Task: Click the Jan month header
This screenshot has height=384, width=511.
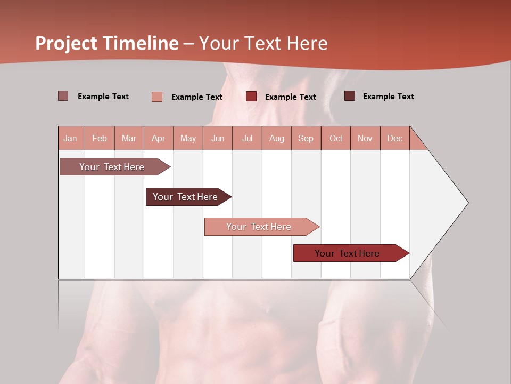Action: click(x=71, y=139)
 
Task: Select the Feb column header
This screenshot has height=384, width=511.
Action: click(x=100, y=139)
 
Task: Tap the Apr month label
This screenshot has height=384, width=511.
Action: click(x=159, y=139)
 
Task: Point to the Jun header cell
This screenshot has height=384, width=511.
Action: click(x=218, y=139)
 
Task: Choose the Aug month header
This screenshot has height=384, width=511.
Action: click(x=277, y=139)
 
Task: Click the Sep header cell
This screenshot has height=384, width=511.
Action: click(x=306, y=139)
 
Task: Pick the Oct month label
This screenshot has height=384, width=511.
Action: click(x=336, y=139)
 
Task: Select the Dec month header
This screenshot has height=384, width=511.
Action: click(x=395, y=139)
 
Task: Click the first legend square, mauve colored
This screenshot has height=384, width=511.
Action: click(x=63, y=96)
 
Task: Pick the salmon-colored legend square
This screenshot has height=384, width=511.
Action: click(x=157, y=97)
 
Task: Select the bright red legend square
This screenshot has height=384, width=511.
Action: click(x=251, y=97)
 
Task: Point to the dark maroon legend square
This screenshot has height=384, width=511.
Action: click(x=350, y=96)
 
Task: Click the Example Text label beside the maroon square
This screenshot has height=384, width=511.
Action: click(x=388, y=97)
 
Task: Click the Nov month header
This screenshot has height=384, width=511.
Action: click(x=365, y=139)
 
